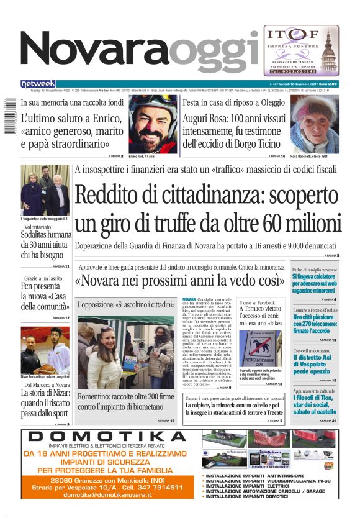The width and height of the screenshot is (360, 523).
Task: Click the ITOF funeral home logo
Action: pyautogui.click(x=301, y=50)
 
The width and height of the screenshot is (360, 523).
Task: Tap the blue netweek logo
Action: pyautogui.click(x=38, y=83)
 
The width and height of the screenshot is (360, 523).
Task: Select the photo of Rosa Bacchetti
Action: pyautogui.click(x=314, y=124)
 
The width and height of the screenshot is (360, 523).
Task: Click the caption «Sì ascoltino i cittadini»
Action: pyautogui.click(x=126, y=305)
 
